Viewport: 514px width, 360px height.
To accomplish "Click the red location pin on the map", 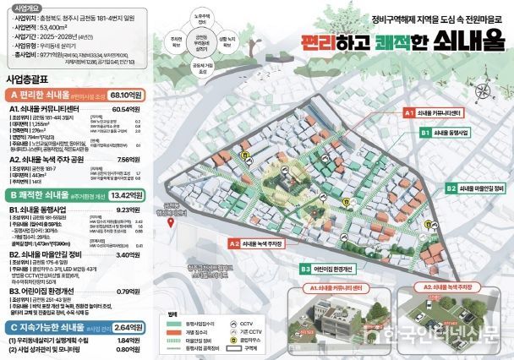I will click(172, 222).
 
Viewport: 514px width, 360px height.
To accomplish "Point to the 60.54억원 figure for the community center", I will click(134, 109).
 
